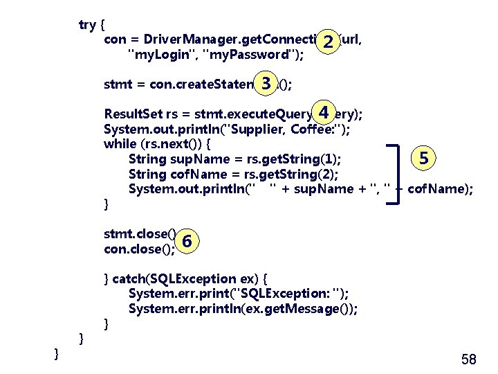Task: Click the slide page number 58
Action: tap(468, 359)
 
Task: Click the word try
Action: tap(87, 25)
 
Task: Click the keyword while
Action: tap(120, 144)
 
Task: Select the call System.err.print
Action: tap(178, 294)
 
